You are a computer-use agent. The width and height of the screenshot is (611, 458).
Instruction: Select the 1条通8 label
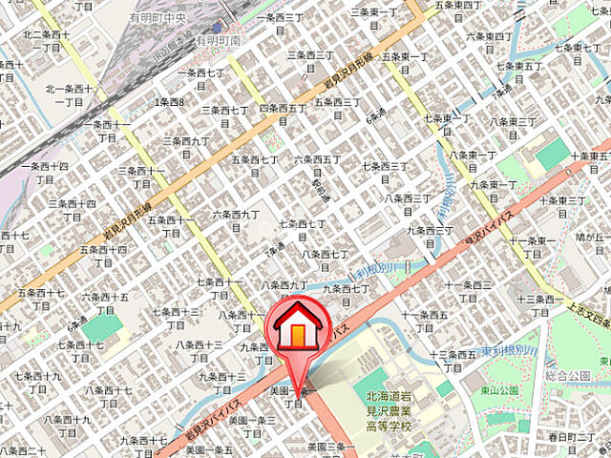click(x=171, y=101)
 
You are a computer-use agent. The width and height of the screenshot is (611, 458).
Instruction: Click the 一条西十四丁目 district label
click(x=48, y=173)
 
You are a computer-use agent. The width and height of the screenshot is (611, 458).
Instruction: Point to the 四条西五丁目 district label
click(x=282, y=114)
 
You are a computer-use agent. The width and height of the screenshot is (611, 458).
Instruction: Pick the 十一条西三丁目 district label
click(x=470, y=290)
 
